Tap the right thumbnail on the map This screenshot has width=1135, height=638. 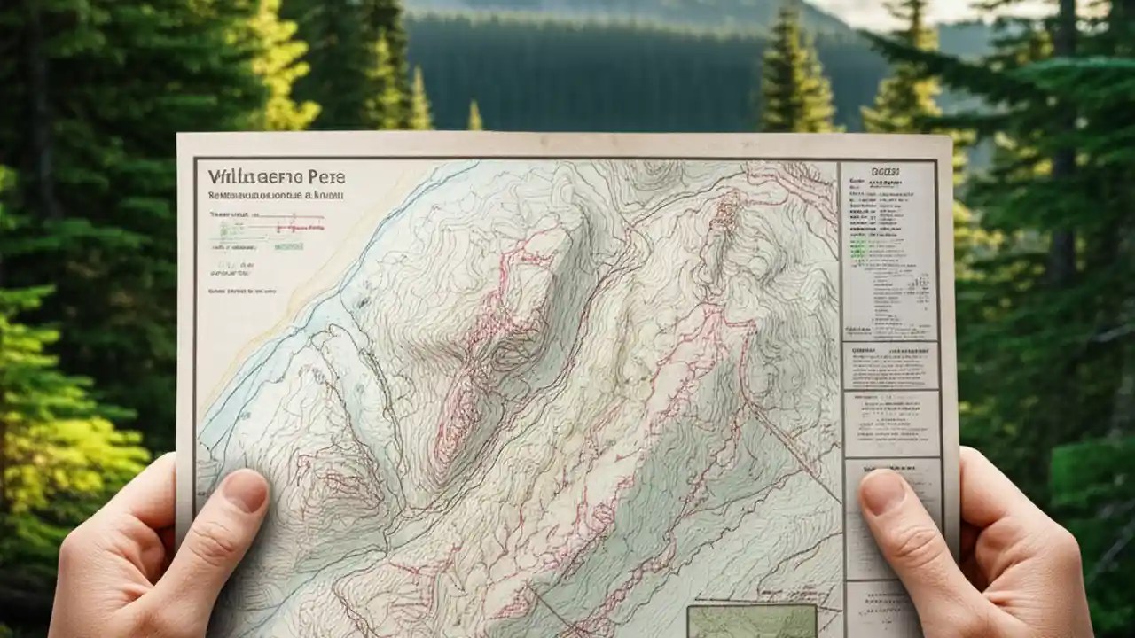883,490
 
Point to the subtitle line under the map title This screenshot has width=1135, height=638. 275,194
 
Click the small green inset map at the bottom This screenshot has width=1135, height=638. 751,621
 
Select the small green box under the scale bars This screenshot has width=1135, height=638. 288,245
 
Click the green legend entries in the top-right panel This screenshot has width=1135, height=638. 858,248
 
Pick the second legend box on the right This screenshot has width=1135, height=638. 890,365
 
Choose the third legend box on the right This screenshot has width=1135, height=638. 890,424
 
